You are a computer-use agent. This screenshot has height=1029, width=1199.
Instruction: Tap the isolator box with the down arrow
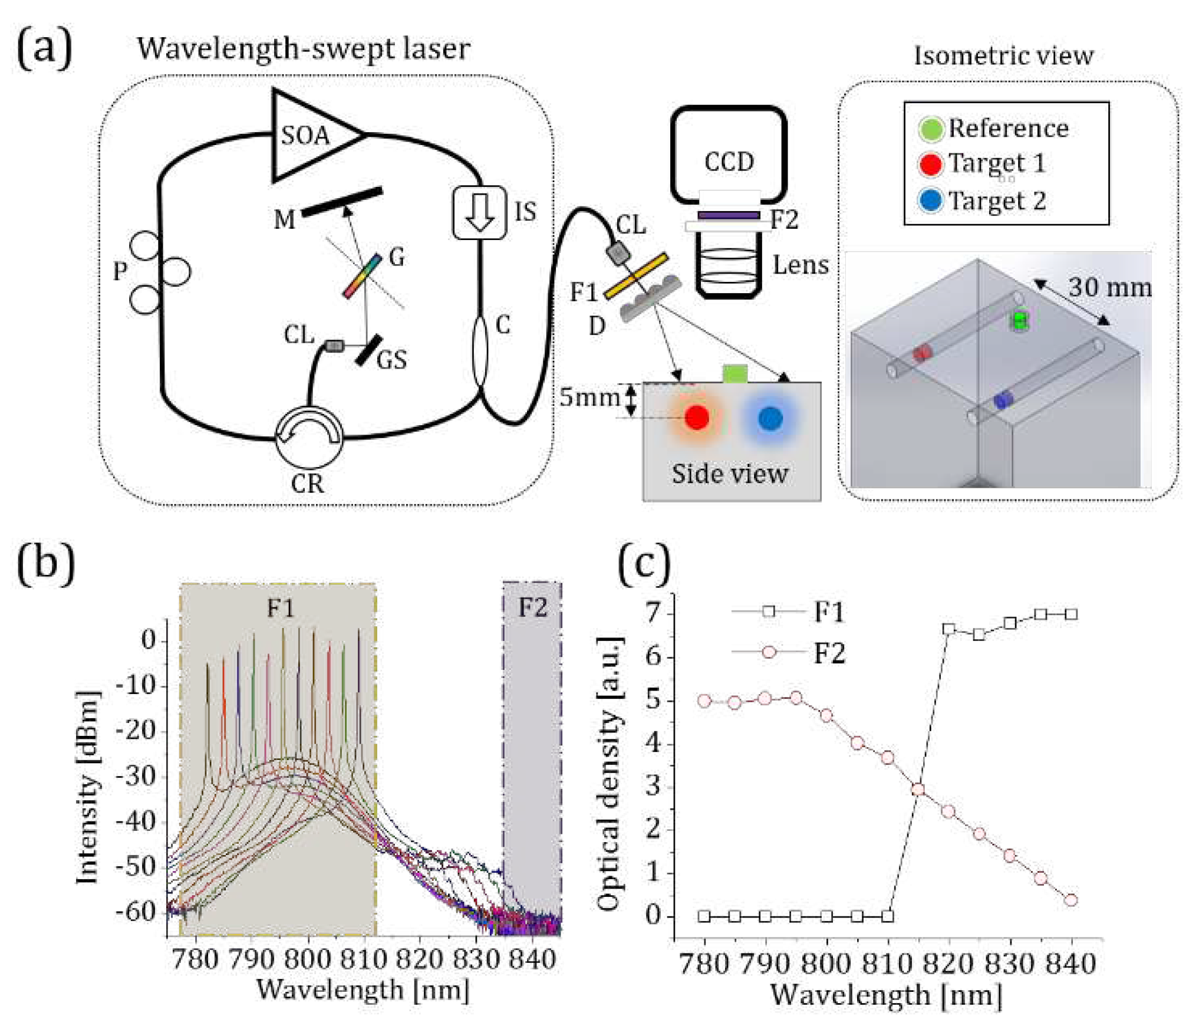point(479,213)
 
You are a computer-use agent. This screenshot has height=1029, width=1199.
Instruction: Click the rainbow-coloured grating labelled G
point(363,275)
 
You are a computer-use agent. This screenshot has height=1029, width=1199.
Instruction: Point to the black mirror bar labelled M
point(342,202)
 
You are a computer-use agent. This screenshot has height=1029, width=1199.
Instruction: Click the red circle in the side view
point(697,417)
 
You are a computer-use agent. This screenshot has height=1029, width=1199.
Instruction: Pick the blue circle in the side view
point(770,417)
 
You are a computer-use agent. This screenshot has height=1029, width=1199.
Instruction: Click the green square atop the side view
point(735,373)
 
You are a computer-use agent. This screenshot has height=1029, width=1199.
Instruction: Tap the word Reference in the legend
point(1008,128)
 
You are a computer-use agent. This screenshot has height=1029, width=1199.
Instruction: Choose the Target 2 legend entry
point(996,201)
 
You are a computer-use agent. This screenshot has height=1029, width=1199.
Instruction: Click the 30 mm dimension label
point(1109,287)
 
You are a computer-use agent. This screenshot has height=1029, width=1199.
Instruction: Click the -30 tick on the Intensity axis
point(136,776)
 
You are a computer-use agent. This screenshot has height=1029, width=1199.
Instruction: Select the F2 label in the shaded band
point(532,607)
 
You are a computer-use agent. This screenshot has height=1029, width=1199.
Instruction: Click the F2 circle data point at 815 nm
point(918,790)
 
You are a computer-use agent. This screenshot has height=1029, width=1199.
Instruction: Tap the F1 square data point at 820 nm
point(948,629)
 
